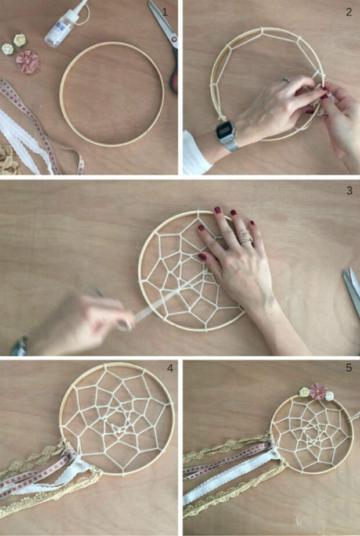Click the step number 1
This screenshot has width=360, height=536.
pyautogui.click(x=165, y=12)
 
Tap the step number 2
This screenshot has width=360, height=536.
pyautogui.click(x=349, y=12)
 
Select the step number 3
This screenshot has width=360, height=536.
pyautogui.click(x=349, y=190)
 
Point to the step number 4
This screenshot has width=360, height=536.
pyautogui.click(x=170, y=368)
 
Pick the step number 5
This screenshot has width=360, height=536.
pyautogui.click(x=349, y=368)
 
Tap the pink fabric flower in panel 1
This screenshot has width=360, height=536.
pyautogui.click(x=27, y=62)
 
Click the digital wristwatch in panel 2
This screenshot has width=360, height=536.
pyautogui.click(x=227, y=135)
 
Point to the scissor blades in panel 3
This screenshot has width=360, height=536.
pyautogui.click(x=352, y=290)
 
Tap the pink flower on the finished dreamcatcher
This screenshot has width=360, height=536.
pyautogui.click(x=318, y=391)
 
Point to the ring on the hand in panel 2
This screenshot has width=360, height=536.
pyautogui.click(x=286, y=80)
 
